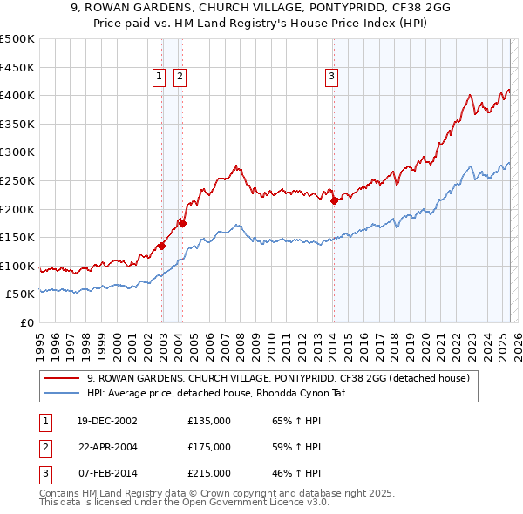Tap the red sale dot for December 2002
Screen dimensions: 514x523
point(162,246)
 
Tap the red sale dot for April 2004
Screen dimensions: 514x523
point(183,223)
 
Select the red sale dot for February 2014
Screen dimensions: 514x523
point(334,200)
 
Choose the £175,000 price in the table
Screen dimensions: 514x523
point(209,447)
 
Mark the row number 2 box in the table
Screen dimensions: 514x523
point(44,447)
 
